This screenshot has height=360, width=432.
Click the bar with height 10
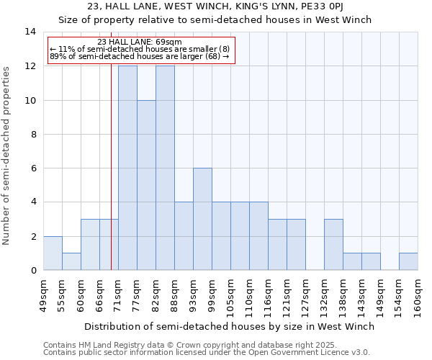(x=146, y=185)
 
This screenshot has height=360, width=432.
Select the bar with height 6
(x=202, y=219)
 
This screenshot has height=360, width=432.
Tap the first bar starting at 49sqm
(x=53, y=253)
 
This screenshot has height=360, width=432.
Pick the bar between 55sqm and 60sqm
(x=71, y=261)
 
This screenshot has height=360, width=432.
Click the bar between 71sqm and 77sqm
(x=127, y=168)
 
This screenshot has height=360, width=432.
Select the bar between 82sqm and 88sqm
(x=165, y=168)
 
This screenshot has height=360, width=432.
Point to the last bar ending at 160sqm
(x=408, y=261)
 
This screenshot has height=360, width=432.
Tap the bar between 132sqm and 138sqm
(x=333, y=244)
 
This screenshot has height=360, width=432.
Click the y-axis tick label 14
(x=30, y=32)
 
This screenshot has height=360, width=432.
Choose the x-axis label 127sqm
(x=305, y=296)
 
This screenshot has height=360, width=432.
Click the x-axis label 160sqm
(x=418, y=296)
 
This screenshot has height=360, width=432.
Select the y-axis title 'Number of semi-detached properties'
(x=7, y=156)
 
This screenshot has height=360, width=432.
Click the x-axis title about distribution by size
(x=229, y=326)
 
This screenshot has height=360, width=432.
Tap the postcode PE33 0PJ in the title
(x=335, y=6)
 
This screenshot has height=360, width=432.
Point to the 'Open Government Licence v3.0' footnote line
(x=207, y=353)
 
